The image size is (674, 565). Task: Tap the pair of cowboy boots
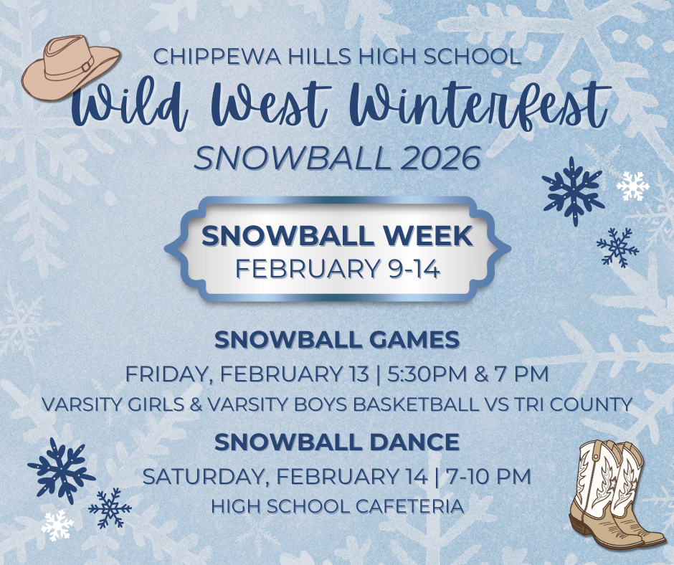click(614, 495)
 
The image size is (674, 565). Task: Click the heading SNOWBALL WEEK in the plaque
click(337, 237)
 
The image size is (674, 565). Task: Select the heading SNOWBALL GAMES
click(337, 340)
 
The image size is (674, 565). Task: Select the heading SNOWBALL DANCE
click(337, 442)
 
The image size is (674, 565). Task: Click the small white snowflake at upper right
click(632, 186)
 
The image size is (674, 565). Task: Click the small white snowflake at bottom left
click(57, 526)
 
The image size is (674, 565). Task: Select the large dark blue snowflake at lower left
click(61, 470)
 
